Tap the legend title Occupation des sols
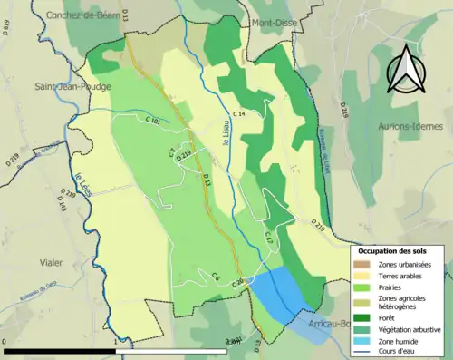coord(397,250)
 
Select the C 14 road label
coord(239,112)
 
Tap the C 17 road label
coord(268,238)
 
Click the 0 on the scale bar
coord(6,343)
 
